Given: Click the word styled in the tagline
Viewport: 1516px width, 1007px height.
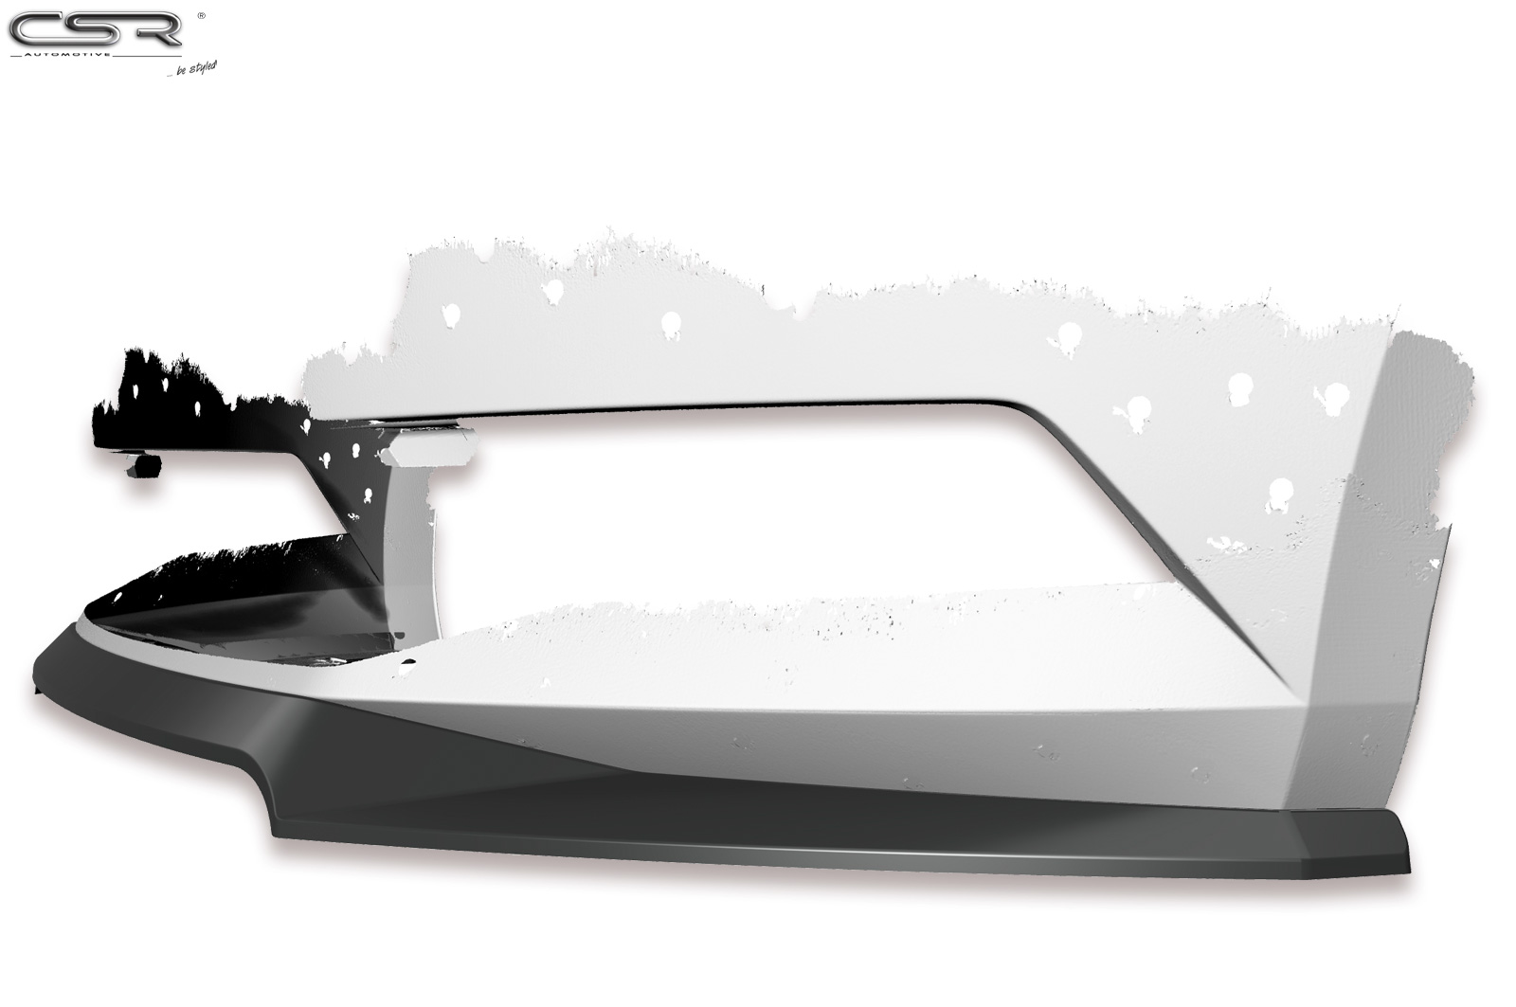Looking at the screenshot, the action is click(x=203, y=68).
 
